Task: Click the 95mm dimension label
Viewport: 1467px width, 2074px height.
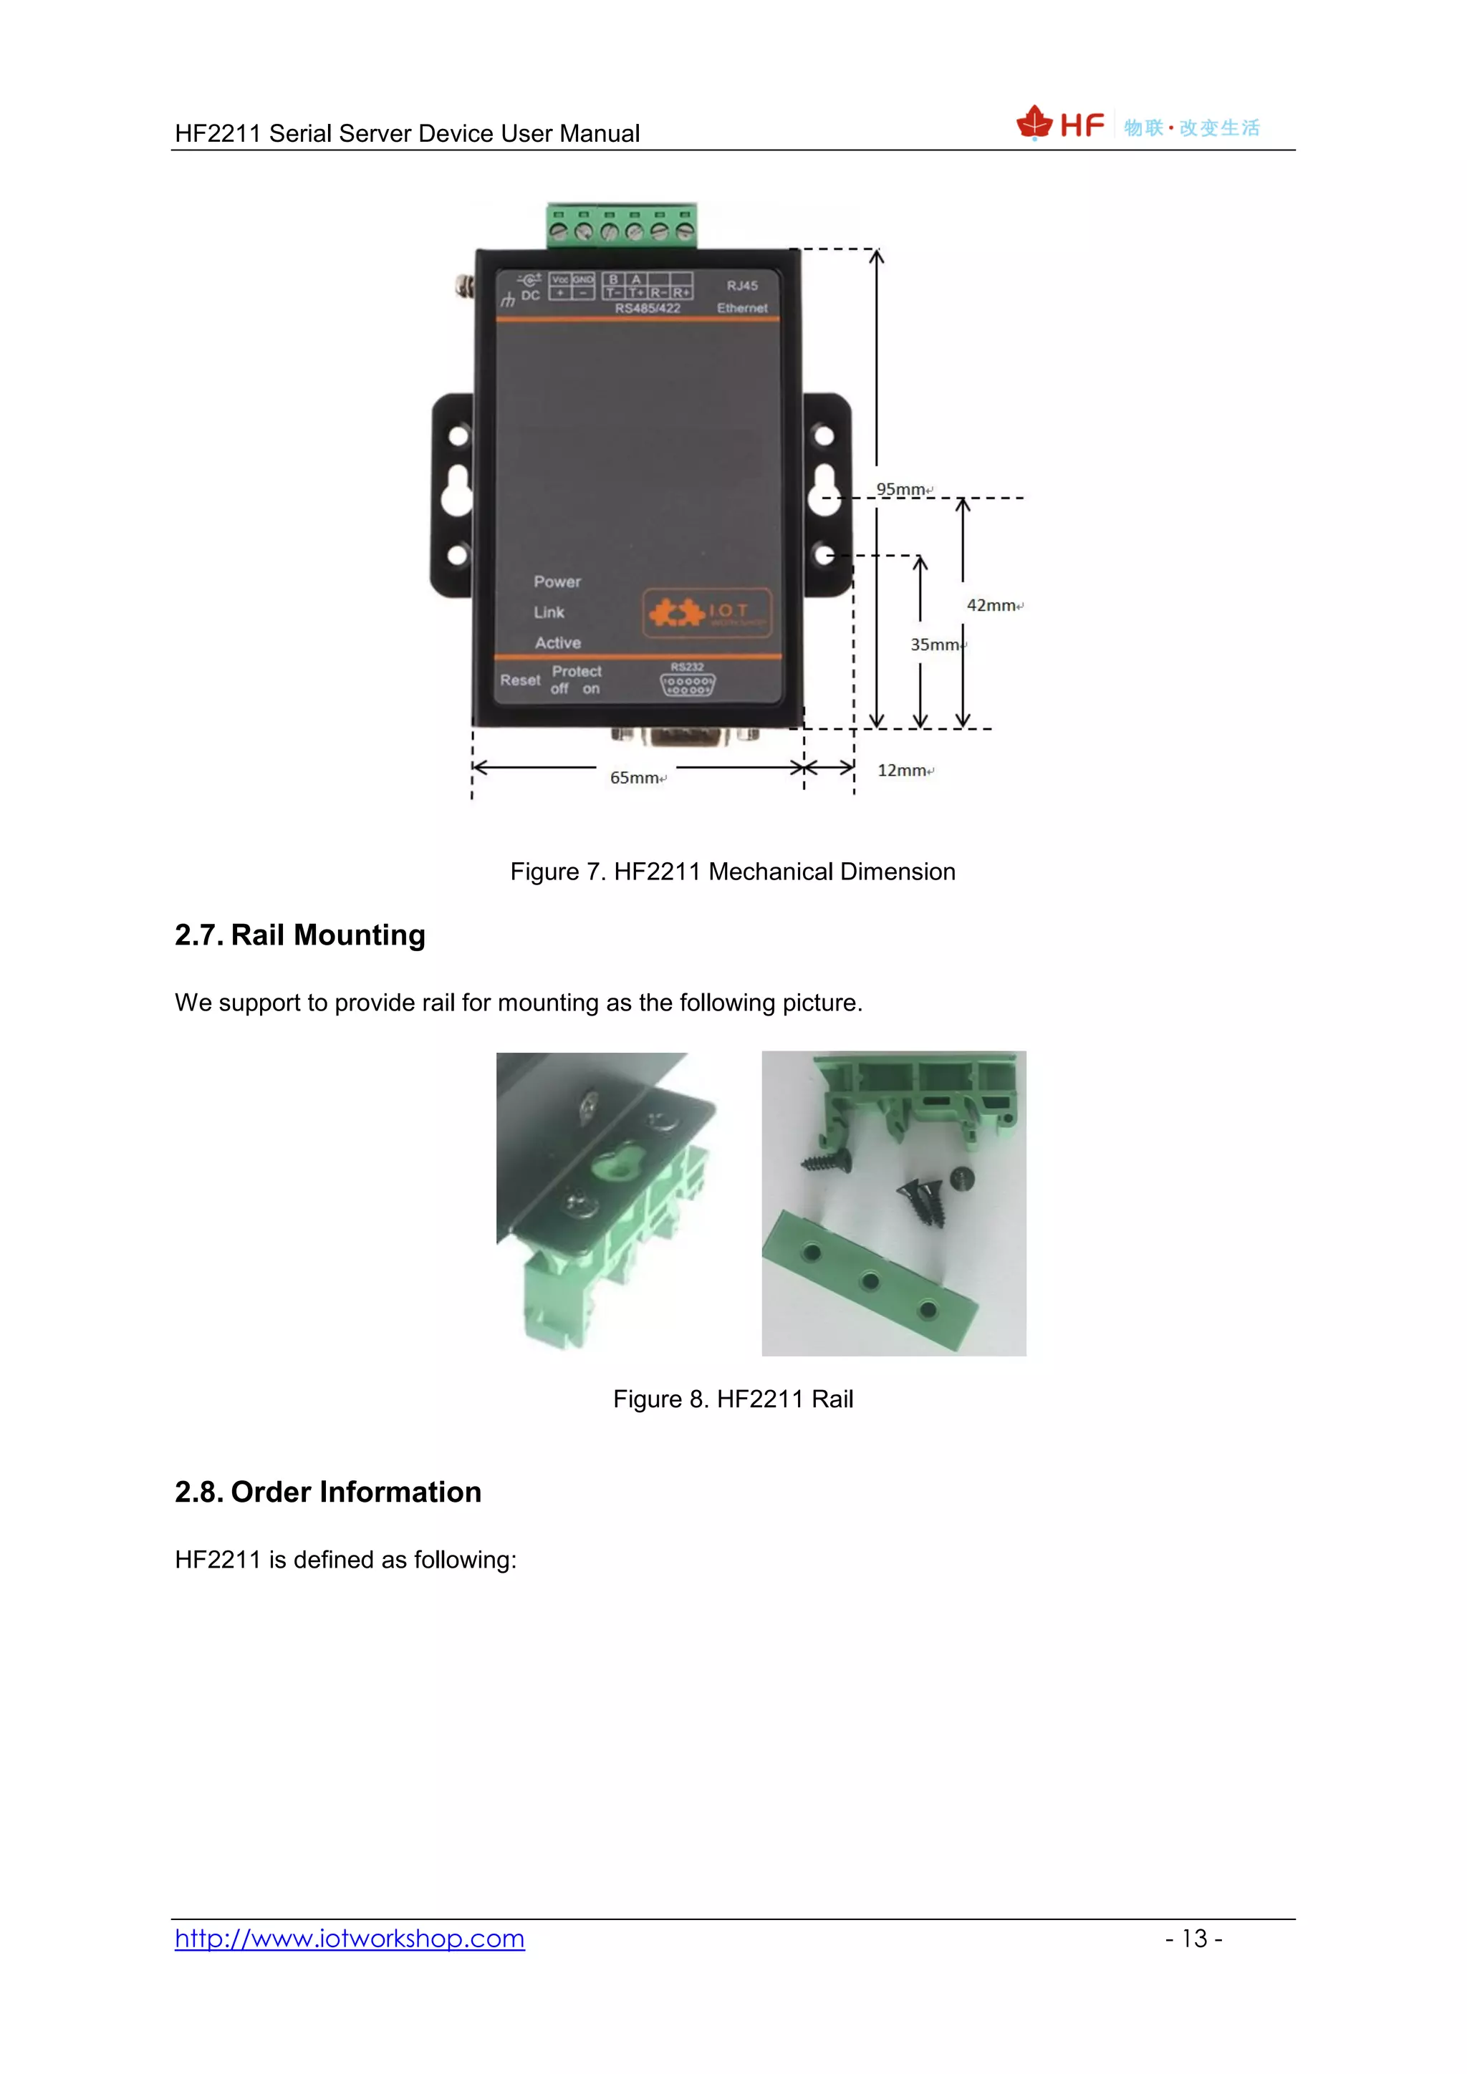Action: (902, 490)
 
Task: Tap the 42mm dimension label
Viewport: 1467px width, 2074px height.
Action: (992, 605)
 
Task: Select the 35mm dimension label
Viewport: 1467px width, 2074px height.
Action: (935, 644)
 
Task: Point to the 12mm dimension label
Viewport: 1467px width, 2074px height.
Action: (903, 771)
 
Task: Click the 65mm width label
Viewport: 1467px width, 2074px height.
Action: (635, 778)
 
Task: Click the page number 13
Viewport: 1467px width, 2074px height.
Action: (1193, 1939)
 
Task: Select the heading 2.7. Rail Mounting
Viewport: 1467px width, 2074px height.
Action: (300, 935)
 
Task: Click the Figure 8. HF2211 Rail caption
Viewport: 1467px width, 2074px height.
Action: (733, 1399)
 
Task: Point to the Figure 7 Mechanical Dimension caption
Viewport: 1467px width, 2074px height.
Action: (733, 872)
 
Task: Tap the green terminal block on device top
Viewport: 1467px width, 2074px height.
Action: (622, 226)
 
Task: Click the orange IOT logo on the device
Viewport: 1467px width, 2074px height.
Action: (707, 612)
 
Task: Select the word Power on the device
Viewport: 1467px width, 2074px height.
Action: (557, 582)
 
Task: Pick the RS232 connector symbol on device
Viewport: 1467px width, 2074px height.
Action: (688, 685)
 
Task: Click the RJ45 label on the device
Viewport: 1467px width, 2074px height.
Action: (741, 286)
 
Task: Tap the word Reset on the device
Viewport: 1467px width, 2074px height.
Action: (520, 680)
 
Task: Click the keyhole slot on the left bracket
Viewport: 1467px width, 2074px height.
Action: (457, 491)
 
